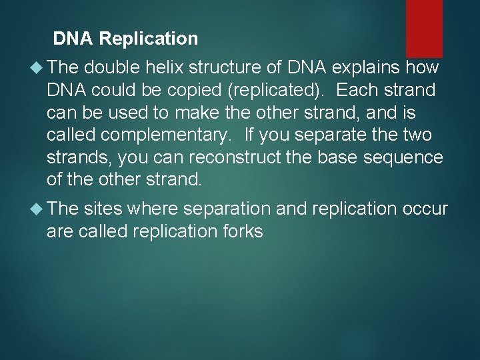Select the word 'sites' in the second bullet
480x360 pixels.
pos(103,209)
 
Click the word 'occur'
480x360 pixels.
pos(425,209)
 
